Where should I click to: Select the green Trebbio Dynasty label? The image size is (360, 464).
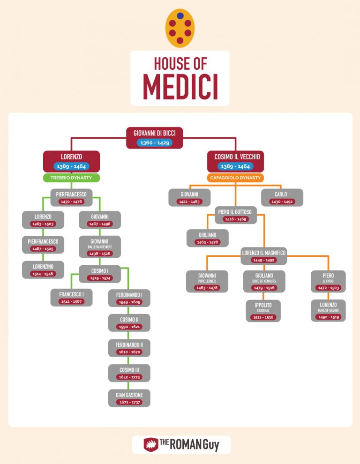point(72,178)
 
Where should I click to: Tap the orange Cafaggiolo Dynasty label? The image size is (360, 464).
point(236,178)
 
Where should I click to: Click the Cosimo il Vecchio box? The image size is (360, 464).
point(236,161)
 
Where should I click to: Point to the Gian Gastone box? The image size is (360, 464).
point(129,398)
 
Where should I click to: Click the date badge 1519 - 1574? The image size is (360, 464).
point(99,278)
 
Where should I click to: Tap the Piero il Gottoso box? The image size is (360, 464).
point(235,215)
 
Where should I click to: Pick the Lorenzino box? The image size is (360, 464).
point(43,270)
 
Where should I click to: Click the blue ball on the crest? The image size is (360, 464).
point(180,15)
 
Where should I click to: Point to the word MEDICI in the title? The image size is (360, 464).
point(180,85)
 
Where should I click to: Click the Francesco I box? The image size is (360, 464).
point(72,298)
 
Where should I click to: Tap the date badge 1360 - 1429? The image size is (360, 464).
point(155,142)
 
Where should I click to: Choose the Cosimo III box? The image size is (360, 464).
point(129,373)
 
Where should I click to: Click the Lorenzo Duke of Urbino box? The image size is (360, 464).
point(328,311)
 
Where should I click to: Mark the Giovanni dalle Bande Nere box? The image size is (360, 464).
point(99,247)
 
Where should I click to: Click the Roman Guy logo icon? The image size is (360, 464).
point(150,444)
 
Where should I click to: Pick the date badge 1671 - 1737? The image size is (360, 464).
point(129,403)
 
